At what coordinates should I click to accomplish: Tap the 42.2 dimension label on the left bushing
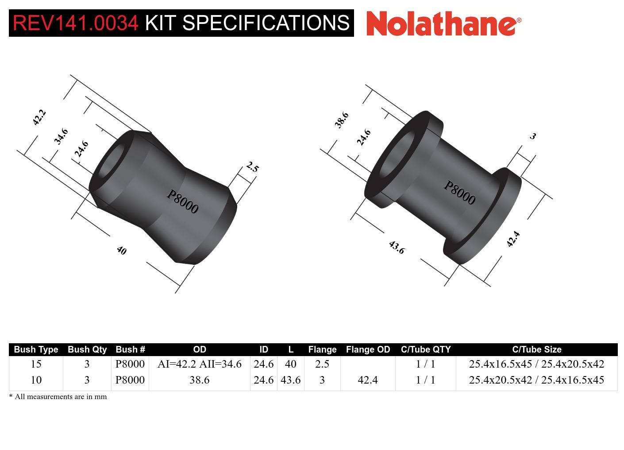pyautogui.click(x=39, y=117)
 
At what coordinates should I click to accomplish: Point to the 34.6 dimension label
pyautogui.click(x=61, y=136)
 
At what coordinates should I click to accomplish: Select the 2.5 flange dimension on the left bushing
pyautogui.click(x=252, y=167)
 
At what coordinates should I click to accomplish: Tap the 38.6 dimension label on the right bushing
pyautogui.click(x=342, y=120)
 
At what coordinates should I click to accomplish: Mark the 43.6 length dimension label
pyautogui.click(x=397, y=247)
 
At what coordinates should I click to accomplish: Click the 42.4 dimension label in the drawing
pyautogui.click(x=513, y=239)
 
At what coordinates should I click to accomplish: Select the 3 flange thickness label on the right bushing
pyautogui.click(x=533, y=136)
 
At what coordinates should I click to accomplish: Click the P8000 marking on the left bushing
pyautogui.click(x=182, y=202)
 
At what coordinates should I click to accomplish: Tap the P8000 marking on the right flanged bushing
pyautogui.click(x=459, y=193)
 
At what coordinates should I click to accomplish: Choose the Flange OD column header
pyautogui.click(x=368, y=349)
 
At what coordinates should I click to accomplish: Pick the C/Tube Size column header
pyautogui.click(x=536, y=349)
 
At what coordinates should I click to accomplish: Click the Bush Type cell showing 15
pyautogui.click(x=36, y=364)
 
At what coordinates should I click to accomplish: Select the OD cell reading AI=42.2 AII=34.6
pyautogui.click(x=199, y=364)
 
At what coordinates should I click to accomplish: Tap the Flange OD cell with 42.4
pyautogui.click(x=368, y=380)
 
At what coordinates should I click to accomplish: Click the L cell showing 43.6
pyautogui.click(x=290, y=380)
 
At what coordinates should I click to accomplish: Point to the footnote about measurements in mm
pyautogui.click(x=58, y=397)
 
